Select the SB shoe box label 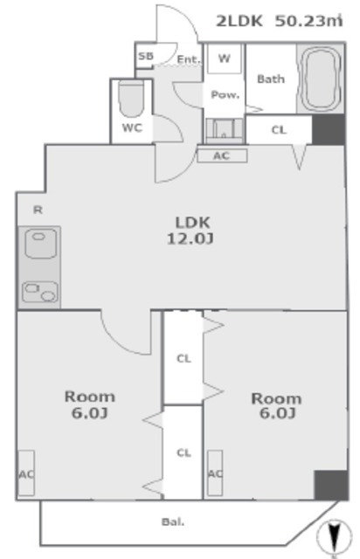[146, 58]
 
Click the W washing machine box [224, 59]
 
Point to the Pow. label [225, 95]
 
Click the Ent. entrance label [188, 60]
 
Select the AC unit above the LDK [223, 155]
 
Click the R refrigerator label [37, 210]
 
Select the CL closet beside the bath [278, 130]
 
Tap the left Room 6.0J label [89, 404]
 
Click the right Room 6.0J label [275, 404]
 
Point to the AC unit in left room [25, 474]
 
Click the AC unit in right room [214, 474]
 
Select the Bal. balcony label [171, 522]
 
